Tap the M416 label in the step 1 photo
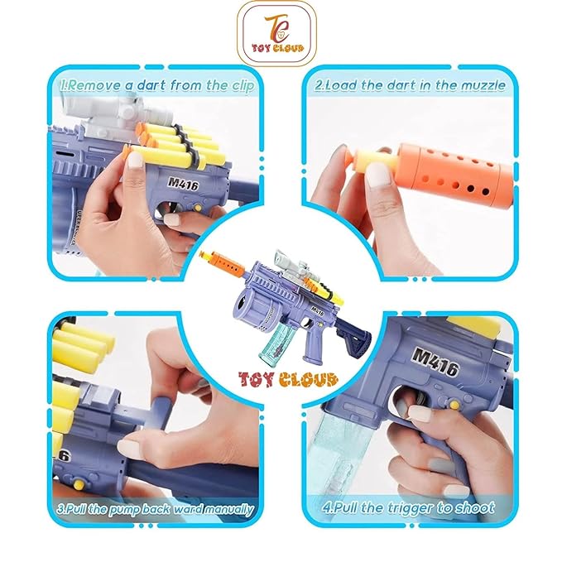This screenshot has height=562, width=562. [x=183, y=184]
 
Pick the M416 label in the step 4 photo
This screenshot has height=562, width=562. [x=435, y=362]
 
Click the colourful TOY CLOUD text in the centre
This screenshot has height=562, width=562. [x=288, y=378]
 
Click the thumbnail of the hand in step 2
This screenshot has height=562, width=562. [x=378, y=177]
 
